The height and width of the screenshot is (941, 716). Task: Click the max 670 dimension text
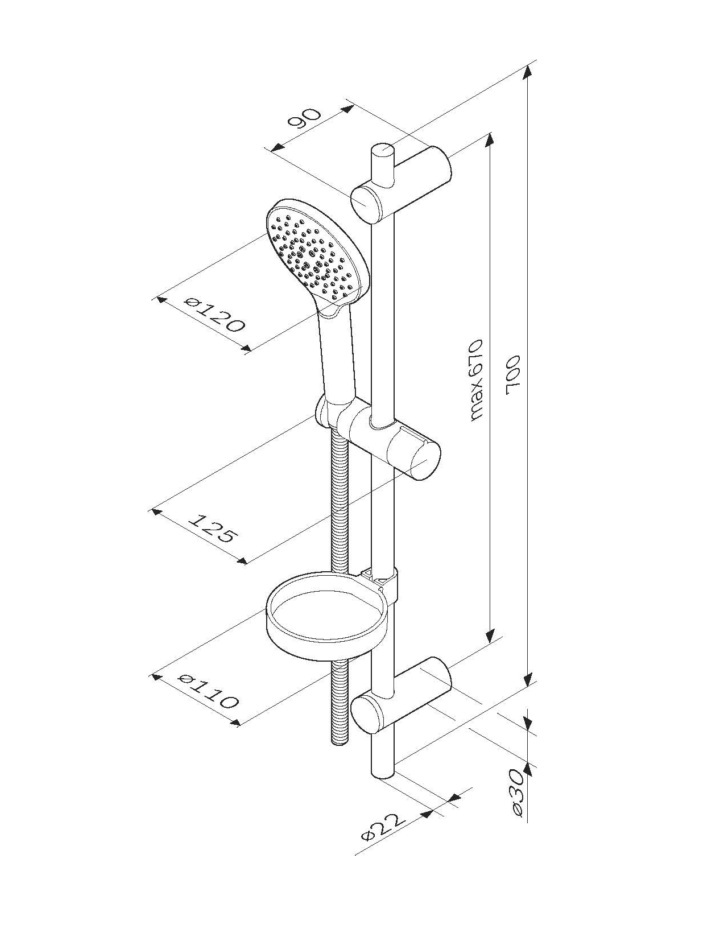click(x=476, y=379)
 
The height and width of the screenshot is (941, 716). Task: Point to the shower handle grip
click(x=338, y=356)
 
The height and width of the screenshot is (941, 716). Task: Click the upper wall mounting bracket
click(x=402, y=184)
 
